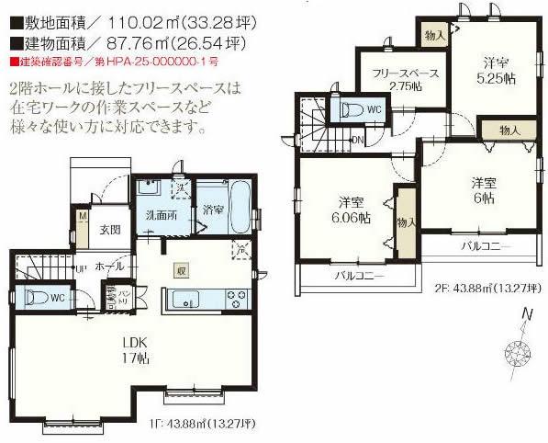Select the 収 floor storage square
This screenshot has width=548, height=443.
click(182, 270)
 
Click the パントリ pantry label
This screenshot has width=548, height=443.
click(121, 299)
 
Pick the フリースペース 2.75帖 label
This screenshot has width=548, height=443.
click(397, 79)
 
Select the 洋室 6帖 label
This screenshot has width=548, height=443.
click(484, 189)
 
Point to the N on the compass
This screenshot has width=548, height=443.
click(526, 315)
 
